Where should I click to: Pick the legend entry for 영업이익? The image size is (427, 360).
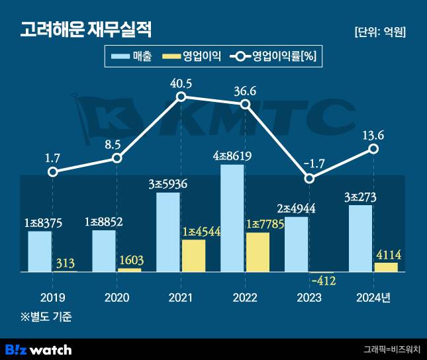[192, 57]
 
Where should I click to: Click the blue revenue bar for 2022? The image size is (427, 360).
[232, 218]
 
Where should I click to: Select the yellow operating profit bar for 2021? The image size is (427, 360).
[193, 255]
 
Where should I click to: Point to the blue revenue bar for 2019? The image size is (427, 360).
[40, 251]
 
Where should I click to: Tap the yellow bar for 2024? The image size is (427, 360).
[386, 267]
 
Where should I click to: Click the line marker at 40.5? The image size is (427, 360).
[181, 97]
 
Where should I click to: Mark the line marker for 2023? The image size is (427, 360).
[309, 178]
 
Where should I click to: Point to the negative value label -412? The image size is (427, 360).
[323, 281]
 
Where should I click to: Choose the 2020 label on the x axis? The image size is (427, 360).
[117, 296]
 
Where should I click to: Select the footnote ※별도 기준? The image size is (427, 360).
[46, 316]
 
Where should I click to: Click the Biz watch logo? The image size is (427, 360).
[38, 349]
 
